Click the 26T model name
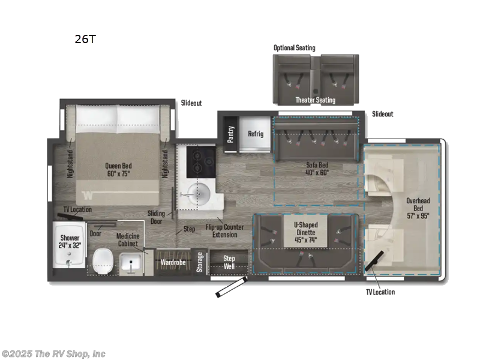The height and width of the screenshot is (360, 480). [85, 40]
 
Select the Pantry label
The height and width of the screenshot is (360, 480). [230, 134]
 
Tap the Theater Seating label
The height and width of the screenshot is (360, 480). [315, 100]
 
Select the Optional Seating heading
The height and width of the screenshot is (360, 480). [294, 47]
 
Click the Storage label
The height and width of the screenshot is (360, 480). [200, 262]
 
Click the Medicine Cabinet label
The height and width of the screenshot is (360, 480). [128, 239]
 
